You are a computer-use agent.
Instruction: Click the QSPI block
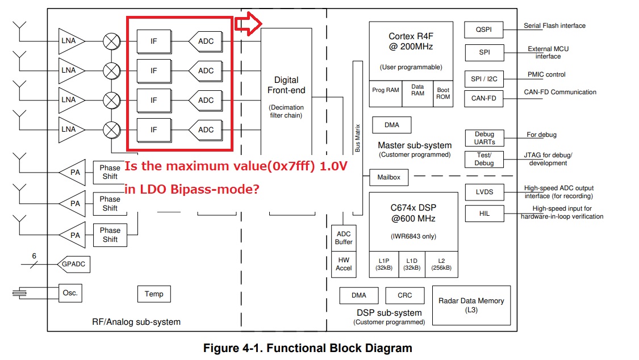pyautogui.click(x=483, y=30)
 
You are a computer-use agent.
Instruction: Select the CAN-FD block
pyautogui.click(x=483, y=98)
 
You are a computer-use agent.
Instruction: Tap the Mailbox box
pyautogui.click(x=389, y=177)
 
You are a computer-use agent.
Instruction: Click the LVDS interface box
pyautogui.click(x=483, y=192)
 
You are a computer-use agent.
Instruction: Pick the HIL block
pyautogui.click(x=483, y=214)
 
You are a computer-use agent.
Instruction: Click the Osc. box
pyautogui.click(x=70, y=294)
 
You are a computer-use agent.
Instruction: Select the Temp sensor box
pyautogui.click(x=154, y=294)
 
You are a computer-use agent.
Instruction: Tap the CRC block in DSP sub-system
pyautogui.click(x=404, y=295)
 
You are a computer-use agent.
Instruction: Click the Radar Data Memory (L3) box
pyautogui.click(x=471, y=304)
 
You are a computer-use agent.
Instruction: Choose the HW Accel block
pyautogui.click(x=344, y=264)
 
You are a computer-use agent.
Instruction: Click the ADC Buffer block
pyautogui.click(x=344, y=238)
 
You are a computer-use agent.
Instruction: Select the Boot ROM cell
pyautogui.click(x=443, y=93)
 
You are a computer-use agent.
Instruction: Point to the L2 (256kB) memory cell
pyautogui.click(x=441, y=264)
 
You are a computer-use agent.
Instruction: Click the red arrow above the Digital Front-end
pyautogui.click(x=248, y=24)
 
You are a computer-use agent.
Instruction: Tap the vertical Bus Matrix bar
pyautogui.click(x=357, y=136)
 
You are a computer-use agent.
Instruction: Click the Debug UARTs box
pyautogui.click(x=484, y=138)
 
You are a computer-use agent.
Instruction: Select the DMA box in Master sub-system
pyautogui.click(x=391, y=125)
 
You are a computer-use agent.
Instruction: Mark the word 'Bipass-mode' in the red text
pyautogui.click(x=219, y=190)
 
